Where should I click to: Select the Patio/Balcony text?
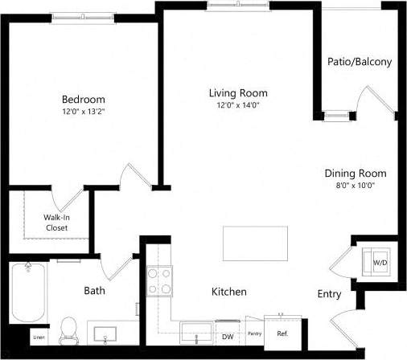coord(360,62)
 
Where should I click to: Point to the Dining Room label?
coord(355,173)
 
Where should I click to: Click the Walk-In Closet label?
coord(55,223)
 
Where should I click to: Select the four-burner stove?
coord(160,281)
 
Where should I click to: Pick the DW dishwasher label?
coord(228,337)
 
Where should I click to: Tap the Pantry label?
coord(254,333)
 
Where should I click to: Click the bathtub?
coord(27,293)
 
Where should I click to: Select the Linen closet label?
coord(39,338)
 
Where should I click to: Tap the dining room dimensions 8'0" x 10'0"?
coord(355,185)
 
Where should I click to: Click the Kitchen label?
coord(228,292)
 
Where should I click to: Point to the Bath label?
coord(95,290)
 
